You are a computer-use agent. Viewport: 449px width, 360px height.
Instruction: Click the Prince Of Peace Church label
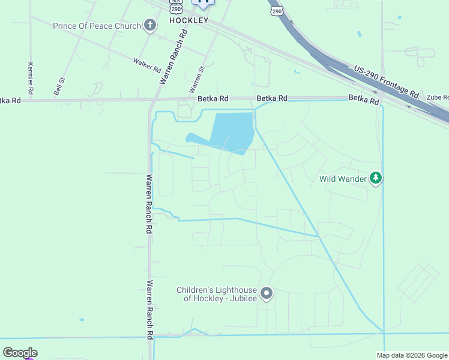(x=97, y=26)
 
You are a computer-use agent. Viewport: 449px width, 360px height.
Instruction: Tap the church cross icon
(x=149, y=25)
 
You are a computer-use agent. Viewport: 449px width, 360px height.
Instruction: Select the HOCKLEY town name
(x=188, y=20)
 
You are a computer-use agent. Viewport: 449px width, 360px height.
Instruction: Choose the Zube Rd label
(x=438, y=97)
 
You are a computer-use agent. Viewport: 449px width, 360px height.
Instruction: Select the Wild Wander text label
(x=343, y=178)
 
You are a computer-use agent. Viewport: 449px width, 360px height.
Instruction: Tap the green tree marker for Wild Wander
(x=376, y=178)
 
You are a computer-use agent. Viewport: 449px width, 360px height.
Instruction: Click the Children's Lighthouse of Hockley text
(x=216, y=294)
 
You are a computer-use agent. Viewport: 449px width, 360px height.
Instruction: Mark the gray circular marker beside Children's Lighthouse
(x=267, y=294)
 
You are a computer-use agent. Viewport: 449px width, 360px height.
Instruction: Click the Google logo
(x=20, y=353)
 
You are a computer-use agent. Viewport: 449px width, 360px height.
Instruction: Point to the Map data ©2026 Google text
(x=412, y=355)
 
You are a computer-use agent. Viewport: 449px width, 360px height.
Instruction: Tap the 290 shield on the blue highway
(x=276, y=11)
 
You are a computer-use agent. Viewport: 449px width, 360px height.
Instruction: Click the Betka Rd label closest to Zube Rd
(x=364, y=99)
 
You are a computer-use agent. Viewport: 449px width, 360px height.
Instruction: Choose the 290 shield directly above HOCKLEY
(x=175, y=8)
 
